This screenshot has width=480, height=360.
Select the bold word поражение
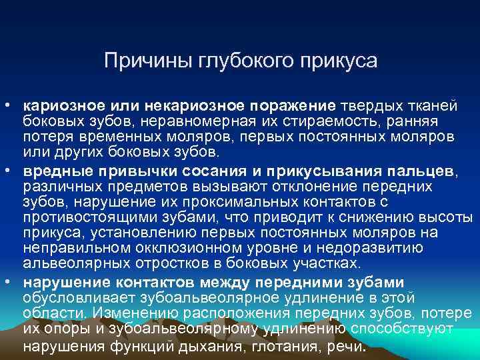[x=293, y=106]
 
